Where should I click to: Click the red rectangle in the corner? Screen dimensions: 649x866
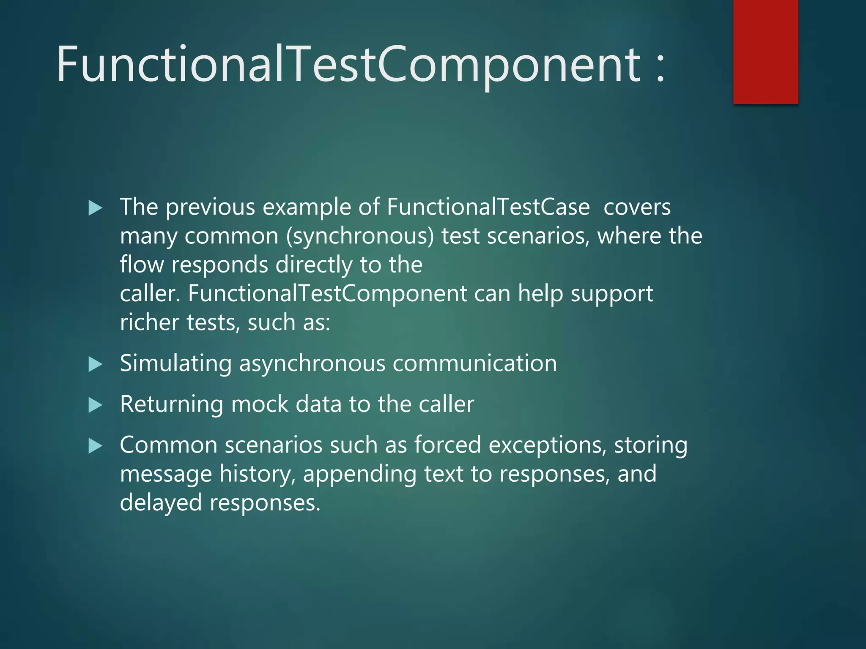[x=765, y=52]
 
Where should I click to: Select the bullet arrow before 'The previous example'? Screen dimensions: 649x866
[x=96, y=208]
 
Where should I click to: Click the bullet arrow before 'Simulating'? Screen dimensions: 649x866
[x=96, y=364]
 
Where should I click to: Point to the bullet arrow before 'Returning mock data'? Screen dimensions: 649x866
[x=96, y=405]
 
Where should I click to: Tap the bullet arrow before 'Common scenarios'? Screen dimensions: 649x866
[x=96, y=446]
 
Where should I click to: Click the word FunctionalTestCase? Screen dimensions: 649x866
[x=488, y=207]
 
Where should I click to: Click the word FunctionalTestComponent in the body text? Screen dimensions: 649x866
[x=327, y=294]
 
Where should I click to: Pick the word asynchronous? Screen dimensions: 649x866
[x=312, y=364]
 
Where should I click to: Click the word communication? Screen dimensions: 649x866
[x=474, y=363]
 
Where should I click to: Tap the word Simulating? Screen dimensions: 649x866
[x=176, y=364]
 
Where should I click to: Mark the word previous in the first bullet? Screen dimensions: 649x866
[x=210, y=207]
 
